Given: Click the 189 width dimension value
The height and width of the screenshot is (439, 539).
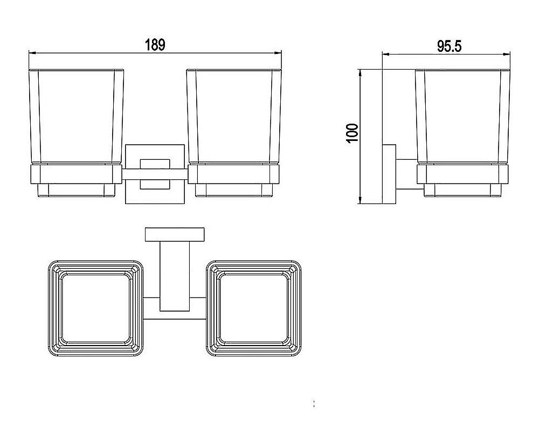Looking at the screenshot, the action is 155,45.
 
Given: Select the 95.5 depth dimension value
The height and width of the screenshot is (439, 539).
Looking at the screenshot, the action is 449,46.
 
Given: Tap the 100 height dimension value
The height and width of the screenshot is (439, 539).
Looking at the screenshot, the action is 353,133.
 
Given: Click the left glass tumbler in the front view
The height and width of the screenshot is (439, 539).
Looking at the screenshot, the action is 76,116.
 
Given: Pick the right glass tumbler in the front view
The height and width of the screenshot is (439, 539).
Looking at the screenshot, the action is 234,116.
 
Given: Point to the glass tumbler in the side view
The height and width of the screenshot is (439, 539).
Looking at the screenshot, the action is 462,116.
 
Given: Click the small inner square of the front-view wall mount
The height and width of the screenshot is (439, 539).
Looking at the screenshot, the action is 155,174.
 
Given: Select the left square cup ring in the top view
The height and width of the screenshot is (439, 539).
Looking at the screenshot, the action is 95,308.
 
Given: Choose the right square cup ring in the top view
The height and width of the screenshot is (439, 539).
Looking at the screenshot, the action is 254,308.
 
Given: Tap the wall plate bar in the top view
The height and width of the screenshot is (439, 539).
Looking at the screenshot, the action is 175,234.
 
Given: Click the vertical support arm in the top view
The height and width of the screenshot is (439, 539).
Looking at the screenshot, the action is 175,276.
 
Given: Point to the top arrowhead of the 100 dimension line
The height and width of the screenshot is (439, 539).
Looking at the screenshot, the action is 360,73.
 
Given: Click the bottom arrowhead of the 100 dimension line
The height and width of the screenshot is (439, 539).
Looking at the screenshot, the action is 360,200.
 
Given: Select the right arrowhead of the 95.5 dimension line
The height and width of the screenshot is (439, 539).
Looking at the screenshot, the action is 506,54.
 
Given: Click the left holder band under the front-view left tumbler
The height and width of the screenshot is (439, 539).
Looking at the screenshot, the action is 76,174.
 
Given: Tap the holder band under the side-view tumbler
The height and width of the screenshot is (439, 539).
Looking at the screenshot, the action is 462,174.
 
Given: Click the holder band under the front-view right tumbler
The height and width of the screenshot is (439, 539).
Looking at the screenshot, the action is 234,174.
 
